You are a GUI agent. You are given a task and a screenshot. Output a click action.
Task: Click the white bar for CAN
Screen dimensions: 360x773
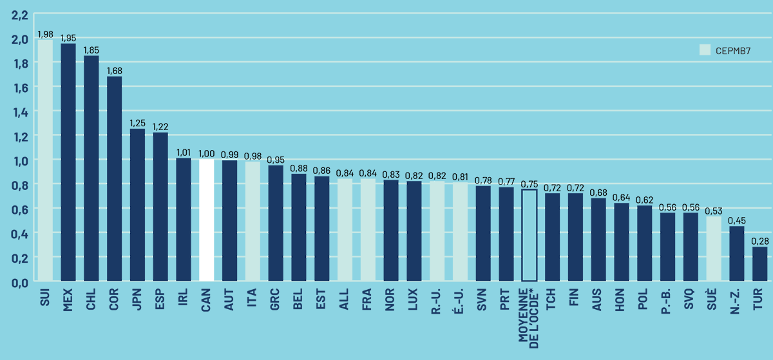(206, 220)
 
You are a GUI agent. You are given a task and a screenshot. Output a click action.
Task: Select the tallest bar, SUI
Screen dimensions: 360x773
(45, 161)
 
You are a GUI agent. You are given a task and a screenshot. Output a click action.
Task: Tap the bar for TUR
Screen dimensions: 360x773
(760, 264)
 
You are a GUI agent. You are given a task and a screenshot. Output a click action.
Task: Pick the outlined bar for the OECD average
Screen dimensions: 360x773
(529, 236)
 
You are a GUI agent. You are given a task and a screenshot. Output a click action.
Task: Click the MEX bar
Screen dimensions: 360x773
(68, 162)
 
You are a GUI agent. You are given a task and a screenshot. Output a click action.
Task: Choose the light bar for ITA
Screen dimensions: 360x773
(253, 222)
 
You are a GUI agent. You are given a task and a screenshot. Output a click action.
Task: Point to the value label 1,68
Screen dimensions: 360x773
(114, 70)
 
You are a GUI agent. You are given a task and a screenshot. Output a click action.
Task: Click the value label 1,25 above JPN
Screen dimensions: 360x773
(137, 122)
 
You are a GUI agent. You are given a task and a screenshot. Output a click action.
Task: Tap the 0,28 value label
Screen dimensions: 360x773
(760, 240)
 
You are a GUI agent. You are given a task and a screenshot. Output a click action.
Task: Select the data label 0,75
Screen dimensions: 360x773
(529, 183)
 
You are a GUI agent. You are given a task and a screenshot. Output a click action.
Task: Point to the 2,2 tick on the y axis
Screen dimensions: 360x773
(19, 14)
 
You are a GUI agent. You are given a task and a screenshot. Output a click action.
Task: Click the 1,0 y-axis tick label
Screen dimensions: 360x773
(19, 160)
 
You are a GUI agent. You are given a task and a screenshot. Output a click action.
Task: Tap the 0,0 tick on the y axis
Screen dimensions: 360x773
(19, 282)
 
